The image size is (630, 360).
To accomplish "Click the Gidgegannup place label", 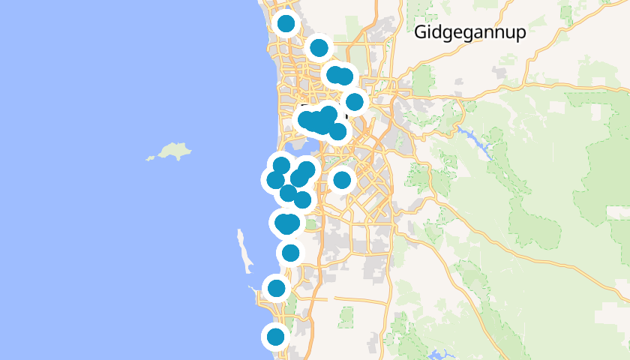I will tap(470, 32).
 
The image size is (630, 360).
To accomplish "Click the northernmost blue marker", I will tap(286, 23).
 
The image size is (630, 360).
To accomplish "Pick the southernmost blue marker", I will tap(276, 337).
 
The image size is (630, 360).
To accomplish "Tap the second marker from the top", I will tap(319, 48).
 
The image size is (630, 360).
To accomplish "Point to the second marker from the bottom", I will tap(277, 288).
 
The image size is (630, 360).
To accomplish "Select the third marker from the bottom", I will tap(290, 253).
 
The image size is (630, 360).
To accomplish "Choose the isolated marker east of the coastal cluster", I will tap(342, 180).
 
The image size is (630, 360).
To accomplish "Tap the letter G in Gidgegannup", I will tap(421, 32).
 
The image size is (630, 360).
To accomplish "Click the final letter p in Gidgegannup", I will tap(520, 34).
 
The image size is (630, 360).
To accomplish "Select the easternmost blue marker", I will tap(355, 101).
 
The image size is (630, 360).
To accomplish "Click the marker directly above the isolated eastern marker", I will tap(337, 132).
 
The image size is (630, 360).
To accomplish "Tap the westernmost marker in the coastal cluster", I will tap(275, 180).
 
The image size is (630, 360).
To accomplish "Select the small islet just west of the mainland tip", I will tap(250, 286).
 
